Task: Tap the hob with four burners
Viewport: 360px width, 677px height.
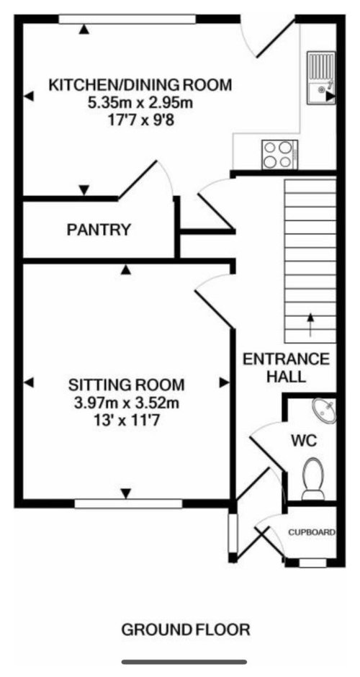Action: (279, 153)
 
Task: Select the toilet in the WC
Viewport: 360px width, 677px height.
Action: (313, 479)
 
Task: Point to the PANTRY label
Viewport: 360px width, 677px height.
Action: (99, 230)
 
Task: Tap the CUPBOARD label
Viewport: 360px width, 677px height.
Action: (312, 533)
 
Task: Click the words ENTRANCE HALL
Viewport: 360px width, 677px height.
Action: (286, 367)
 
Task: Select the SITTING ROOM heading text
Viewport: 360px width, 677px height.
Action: (126, 383)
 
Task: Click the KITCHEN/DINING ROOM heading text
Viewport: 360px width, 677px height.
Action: (140, 86)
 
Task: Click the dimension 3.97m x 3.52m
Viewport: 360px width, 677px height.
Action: (126, 401)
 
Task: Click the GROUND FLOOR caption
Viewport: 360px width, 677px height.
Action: (186, 629)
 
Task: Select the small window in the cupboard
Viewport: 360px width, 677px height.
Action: (312, 562)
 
